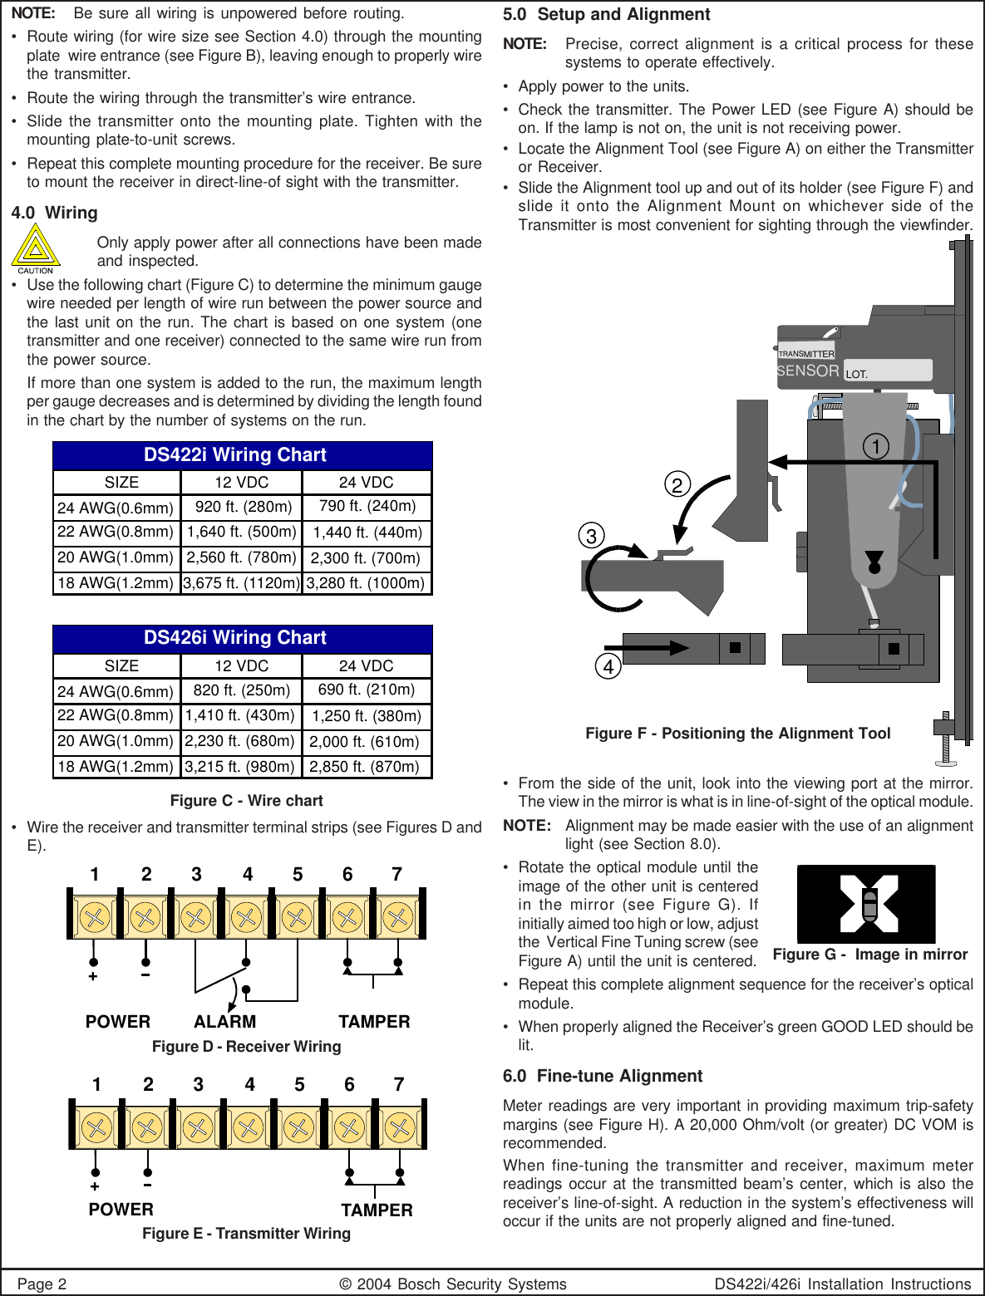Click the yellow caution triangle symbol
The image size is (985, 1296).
pos(35,248)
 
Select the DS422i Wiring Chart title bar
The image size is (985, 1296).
pos(242,455)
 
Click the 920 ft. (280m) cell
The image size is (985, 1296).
pos(242,507)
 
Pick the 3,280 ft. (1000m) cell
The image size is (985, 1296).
pos(366,583)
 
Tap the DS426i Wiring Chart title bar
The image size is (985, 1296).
pos(242,638)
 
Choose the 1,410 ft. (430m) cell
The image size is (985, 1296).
pos(240,715)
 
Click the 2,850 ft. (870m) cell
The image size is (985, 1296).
pos(365,767)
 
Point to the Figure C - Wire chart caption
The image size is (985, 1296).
pos(246,801)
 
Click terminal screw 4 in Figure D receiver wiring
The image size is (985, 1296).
pos(246,917)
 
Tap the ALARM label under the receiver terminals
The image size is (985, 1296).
pos(224,1022)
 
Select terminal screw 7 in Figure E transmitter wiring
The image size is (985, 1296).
pos(400,1127)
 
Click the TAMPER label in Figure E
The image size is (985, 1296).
pos(377,1210)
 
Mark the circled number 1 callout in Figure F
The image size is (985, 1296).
pos(876,447)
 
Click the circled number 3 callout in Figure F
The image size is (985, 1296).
pos(592,536)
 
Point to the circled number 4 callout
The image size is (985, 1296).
pos(608,666)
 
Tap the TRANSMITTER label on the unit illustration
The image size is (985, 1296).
pos(805,354)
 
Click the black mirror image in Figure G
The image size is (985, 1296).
pos(866,904)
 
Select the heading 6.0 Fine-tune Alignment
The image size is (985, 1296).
pos(603,1077)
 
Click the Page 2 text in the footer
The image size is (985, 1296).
pos(42,1284)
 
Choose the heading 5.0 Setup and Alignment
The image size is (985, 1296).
pos(606,15)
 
